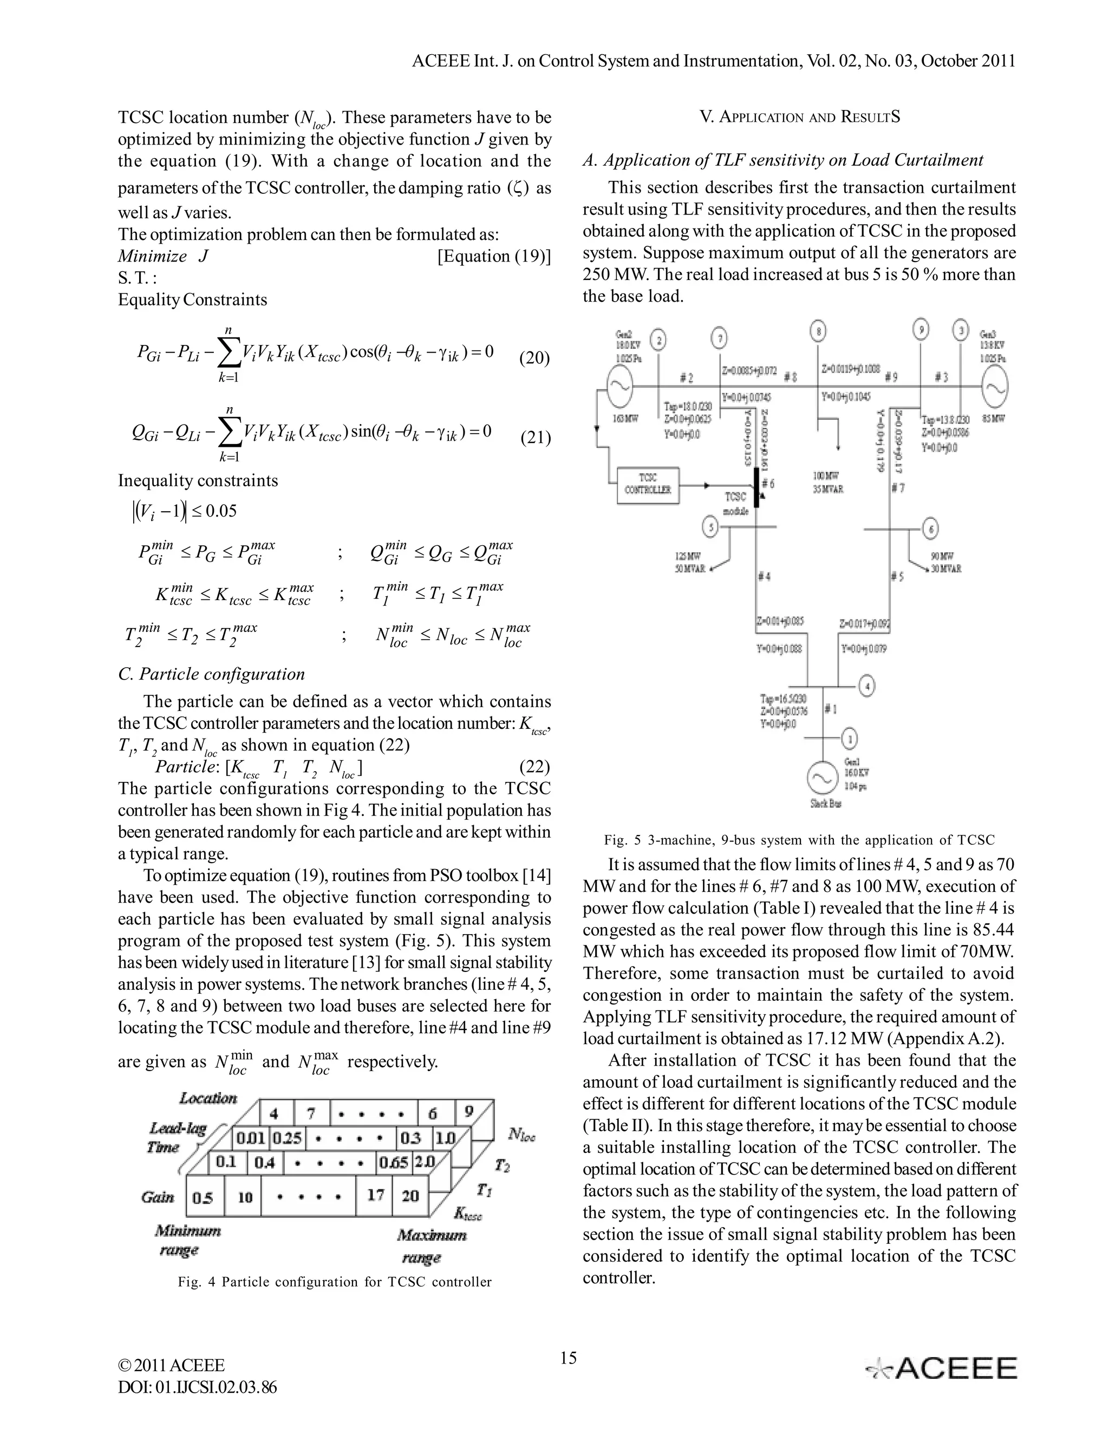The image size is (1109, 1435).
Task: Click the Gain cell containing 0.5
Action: click(x=203, y=1197)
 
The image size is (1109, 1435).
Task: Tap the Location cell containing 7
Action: click(x=311, y=1113)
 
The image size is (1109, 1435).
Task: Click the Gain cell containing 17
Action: click(x=375, y=1195)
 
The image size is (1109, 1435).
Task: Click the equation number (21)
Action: click(x=535, y=438)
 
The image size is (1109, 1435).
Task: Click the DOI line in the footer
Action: click(x=197, y=1387)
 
